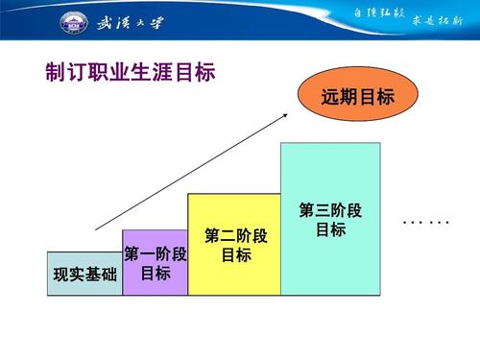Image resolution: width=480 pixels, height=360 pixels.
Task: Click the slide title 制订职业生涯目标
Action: pos(130,74)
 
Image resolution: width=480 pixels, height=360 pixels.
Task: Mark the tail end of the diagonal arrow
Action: pos(96,229)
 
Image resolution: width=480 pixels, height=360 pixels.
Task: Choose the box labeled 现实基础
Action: pos(84,274)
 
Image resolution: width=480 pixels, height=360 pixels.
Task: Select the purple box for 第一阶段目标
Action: pos(155,263)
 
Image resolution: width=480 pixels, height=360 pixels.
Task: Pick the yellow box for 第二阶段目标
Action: pos(234,245)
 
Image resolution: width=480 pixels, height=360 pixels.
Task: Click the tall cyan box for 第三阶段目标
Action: pos(330,219)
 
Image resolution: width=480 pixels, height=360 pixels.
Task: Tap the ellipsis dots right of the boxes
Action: pos(426,223)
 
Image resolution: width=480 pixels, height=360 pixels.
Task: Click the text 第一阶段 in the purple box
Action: pos(155,254)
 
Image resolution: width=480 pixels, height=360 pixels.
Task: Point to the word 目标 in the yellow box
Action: pos(235,255)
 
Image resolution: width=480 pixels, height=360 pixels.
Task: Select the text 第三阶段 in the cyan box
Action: pos(330,210)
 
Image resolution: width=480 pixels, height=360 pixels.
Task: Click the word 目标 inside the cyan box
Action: pos(330,230)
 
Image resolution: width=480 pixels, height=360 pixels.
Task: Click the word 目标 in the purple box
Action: pos(155,274)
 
